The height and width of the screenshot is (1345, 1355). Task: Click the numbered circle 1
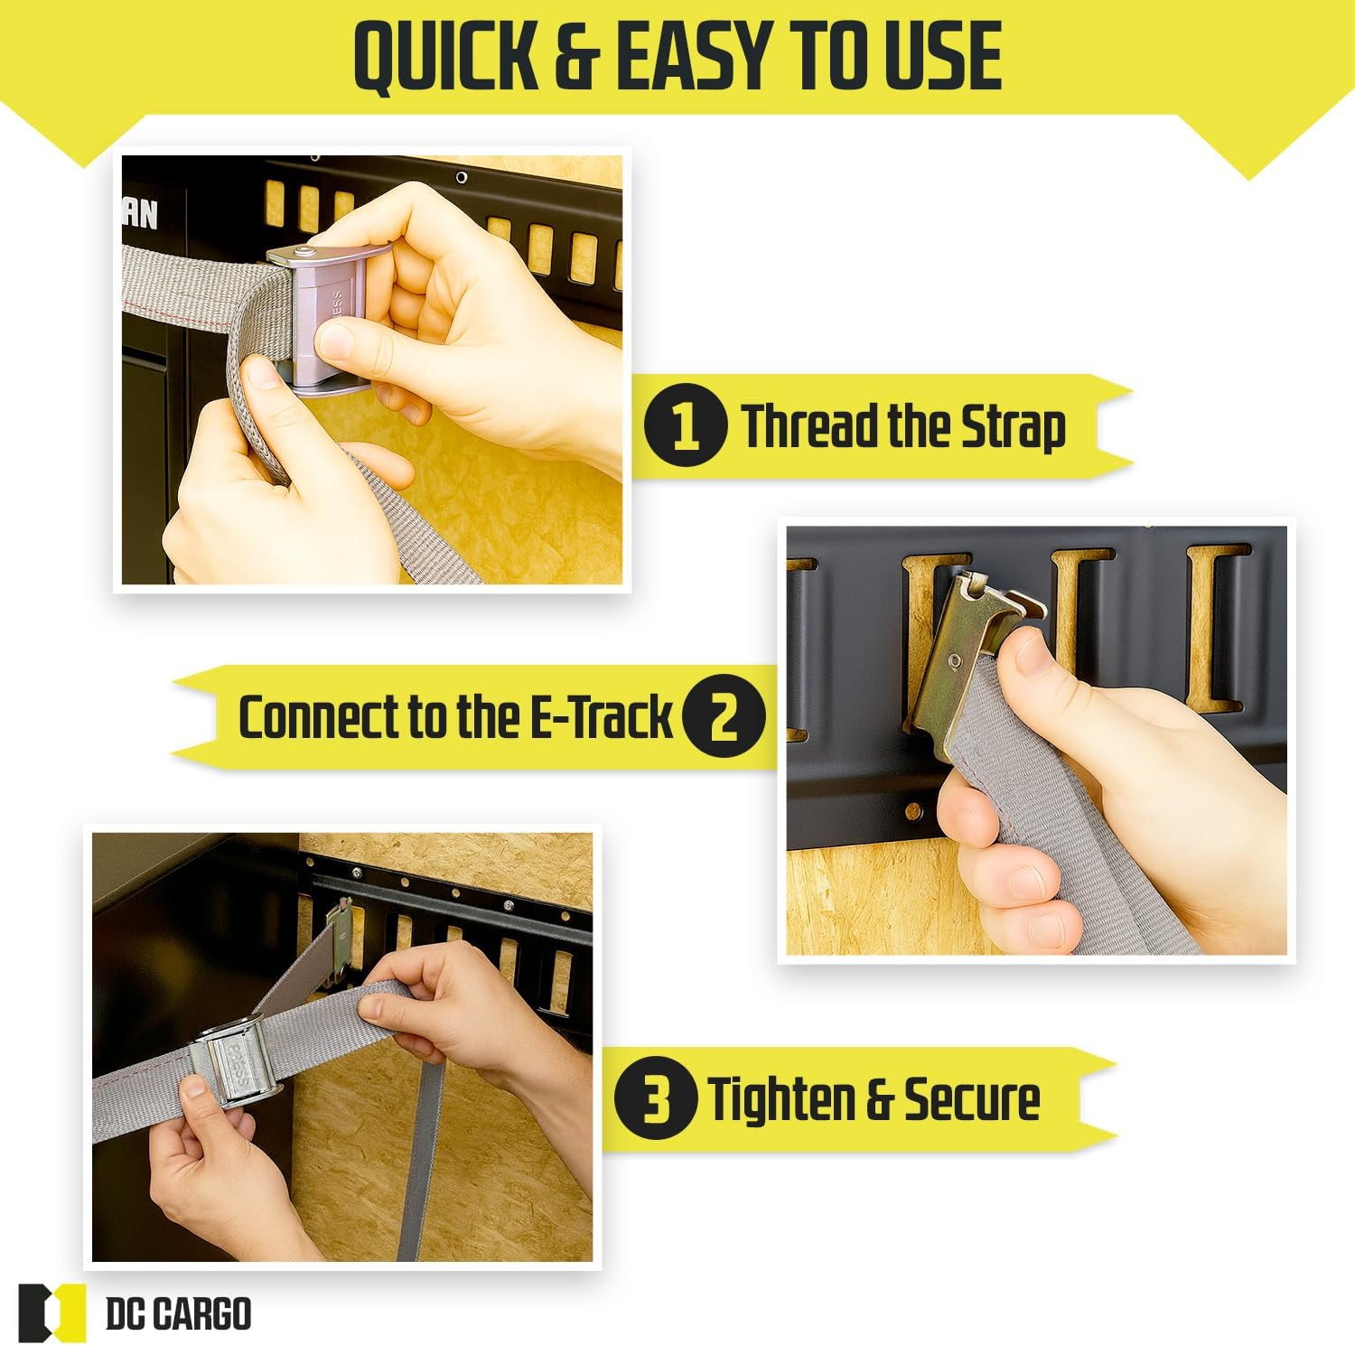[x=685, y=425]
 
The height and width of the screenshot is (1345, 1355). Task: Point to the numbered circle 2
[x=724, y=717]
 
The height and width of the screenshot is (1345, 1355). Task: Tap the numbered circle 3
[x=656, y=1098]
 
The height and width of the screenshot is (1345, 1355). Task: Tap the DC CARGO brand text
[x=179, y=1313]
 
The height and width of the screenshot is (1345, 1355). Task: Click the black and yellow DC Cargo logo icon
[x=51, y=1312]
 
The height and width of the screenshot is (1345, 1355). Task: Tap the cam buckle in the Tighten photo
[x=237, y=1062]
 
